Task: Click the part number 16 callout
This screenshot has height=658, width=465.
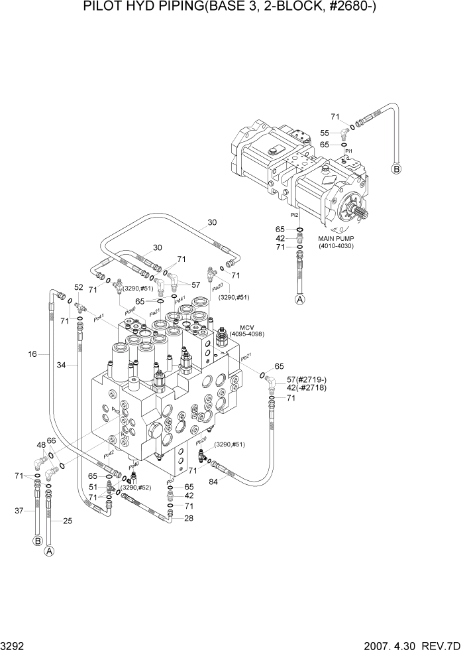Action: (32, 355)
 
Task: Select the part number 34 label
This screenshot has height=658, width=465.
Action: (62, 364)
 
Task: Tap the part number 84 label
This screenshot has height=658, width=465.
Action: (214, 482)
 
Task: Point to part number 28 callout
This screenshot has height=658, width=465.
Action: (189, 518)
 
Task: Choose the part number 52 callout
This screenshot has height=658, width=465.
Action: (78, 287)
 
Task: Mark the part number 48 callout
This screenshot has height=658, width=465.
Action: (41, 444)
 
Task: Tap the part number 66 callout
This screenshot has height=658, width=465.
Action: (51, 440)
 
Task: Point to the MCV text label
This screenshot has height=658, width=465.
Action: (245, 327)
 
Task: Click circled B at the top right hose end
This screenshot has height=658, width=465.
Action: (397, 168)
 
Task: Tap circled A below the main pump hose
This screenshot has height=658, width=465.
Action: (299, 300)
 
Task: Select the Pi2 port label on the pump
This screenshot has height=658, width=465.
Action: (293, 215)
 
